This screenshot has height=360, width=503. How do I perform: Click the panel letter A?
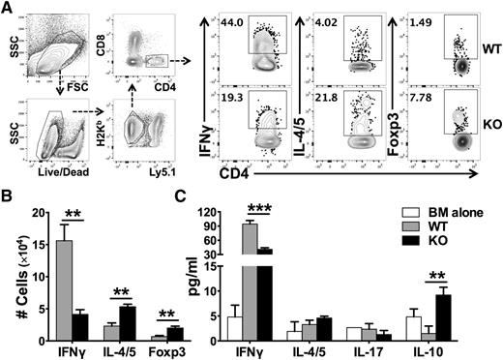[8, 9]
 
